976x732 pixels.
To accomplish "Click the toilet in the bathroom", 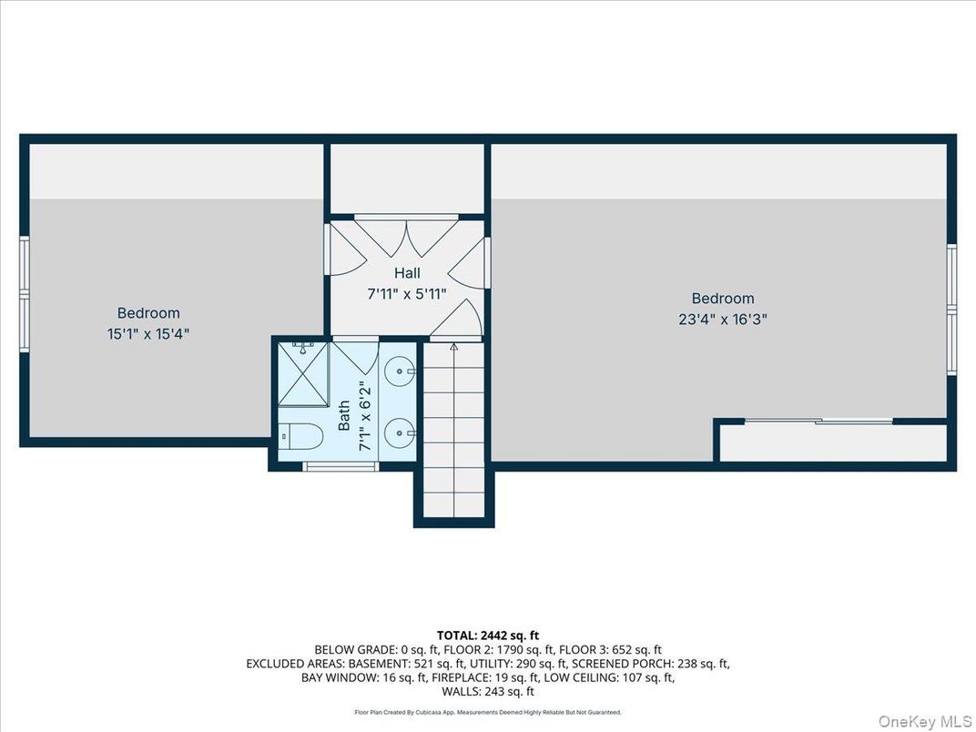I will [300, 437].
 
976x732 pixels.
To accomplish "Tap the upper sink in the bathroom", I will [399, 371].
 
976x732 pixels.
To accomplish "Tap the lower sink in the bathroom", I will [399, 433].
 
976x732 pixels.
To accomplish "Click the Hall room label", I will [407, 272].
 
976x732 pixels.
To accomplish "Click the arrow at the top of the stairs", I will [453, 348].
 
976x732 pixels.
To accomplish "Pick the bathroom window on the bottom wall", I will [340, 467].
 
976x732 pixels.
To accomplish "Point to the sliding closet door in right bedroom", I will [818, 421].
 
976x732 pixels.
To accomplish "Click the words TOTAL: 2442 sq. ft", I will [487, 635].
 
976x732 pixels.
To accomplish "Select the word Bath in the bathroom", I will [344, 416].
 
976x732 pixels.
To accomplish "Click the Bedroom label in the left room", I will [148, 313].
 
